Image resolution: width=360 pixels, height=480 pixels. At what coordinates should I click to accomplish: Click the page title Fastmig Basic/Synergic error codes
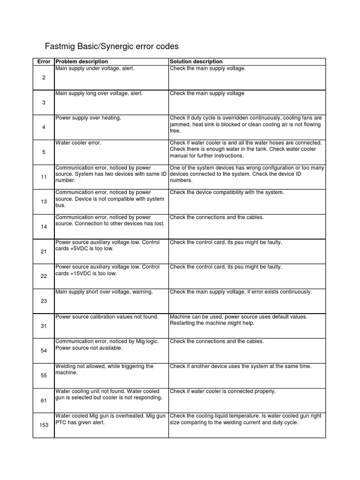coord(112,46)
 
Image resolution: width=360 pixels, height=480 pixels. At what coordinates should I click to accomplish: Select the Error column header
coord(44,62)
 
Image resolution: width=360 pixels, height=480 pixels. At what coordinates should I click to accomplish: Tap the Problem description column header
coord(82,62)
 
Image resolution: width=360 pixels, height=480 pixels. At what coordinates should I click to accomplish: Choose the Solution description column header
coord(196,62)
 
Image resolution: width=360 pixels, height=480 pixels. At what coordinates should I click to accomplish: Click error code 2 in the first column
coord(44,78)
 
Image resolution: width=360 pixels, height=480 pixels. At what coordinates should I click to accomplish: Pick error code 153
coord(44,425)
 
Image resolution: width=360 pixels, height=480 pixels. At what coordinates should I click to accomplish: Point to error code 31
coord(44,326)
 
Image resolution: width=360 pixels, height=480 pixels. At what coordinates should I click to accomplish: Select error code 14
coord(44,227)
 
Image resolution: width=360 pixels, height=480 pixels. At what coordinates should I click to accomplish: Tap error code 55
coord(44,376)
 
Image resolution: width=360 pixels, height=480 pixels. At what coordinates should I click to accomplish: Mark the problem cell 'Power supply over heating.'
coord(88,118)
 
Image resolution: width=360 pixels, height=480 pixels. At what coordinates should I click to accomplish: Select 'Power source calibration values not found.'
coord(107,317)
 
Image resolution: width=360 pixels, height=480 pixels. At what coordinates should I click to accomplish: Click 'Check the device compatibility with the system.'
coord(227,193)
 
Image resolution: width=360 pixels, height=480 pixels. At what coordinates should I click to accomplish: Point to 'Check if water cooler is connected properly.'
coord(223,391)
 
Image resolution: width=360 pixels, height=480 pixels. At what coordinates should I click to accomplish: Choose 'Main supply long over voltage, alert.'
coord(99,93)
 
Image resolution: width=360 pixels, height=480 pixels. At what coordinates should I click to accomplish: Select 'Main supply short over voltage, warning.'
coord(104,292)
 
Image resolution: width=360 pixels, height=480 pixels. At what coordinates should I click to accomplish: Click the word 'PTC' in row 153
coord(61,422)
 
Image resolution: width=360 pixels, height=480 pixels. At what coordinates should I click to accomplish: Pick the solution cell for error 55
coord(240,367)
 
